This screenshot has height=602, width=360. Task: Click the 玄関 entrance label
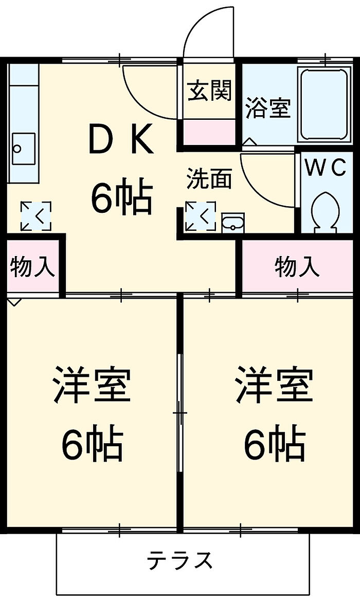pos(209,92)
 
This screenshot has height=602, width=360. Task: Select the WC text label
pos(326,169)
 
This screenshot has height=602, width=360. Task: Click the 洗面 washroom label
pos(209,178)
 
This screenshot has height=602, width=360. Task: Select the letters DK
pos(121,139)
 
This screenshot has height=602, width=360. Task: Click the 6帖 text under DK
pos(121,198)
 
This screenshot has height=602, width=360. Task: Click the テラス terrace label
pos(180,560)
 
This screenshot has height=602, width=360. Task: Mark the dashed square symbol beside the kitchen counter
pos(36,216)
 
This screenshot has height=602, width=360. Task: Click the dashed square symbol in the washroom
pos(201,216)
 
